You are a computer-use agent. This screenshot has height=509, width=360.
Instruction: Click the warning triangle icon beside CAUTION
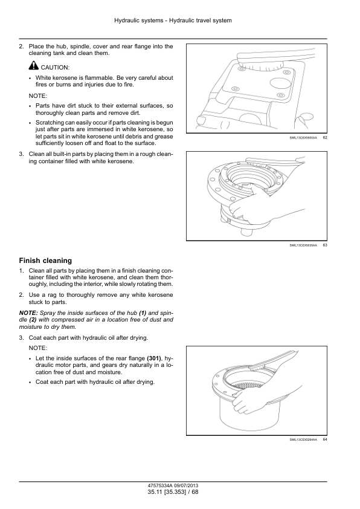tap(34, 66)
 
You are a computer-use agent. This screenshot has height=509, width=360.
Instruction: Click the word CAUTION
tap(55, 68)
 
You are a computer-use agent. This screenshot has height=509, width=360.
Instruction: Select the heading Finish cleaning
tap(45, 261)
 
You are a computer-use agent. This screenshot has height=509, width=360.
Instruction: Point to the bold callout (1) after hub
tap(143, 313)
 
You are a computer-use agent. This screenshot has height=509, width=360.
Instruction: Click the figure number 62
tap(325, 138)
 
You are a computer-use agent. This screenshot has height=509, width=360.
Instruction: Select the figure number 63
tap(325, 245)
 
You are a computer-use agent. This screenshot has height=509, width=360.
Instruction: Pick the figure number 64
tap(325, 439)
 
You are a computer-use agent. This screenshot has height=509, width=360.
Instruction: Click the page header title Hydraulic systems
tap(139, 21)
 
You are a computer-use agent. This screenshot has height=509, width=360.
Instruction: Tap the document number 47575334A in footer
tap(160, 486)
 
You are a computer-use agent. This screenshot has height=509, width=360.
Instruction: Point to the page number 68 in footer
tap(195, 492)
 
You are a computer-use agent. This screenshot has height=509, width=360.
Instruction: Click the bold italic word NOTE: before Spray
tap(28, 313)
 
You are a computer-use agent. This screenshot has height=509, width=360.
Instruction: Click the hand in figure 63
tap(249, 208)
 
